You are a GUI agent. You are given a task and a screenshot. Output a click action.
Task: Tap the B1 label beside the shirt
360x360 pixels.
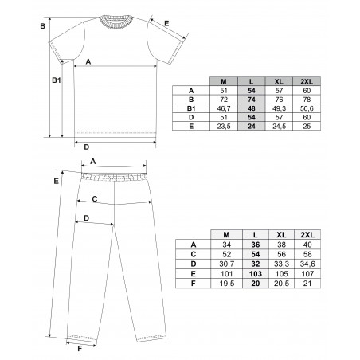pyautogui.click(x=57, y=80)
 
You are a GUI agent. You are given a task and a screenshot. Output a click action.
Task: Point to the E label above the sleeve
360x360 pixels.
pyautogui.click(x=166, y=23)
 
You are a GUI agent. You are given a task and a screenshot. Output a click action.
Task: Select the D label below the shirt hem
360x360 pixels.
pyautogui.click(x=87, y=147)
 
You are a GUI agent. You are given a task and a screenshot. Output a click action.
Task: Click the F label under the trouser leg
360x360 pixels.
pyautogui.click(x=80, y=349)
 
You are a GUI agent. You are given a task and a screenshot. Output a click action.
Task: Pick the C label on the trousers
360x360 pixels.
pyautogui.click(x=95, y=199)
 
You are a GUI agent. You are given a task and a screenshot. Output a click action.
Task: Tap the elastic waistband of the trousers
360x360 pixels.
pyautogui.click(x=114, y=177)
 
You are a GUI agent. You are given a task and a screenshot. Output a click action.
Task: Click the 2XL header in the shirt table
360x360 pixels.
pyautogui.click(x=307, y=81)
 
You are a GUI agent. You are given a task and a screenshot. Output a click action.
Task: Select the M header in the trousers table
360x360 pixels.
pyautogui.click(x=226, y=235)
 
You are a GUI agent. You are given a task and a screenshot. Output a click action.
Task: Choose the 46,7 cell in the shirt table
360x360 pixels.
pyautogui.click(x=224, y=108)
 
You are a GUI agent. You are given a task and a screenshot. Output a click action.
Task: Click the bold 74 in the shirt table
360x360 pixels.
pyautogui.click(x=252, y=100)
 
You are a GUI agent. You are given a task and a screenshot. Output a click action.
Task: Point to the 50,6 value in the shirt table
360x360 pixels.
pyautogui.click(x=307, y=108)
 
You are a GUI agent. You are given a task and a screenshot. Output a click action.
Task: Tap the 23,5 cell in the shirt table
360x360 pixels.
pyautogui.click(x=224, y=127)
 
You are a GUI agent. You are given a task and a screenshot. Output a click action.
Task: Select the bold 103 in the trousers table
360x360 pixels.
pyautogui.click(x=256, y=274)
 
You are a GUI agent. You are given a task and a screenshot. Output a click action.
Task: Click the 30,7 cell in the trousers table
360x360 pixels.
pyautogui.click(x=227, y=264)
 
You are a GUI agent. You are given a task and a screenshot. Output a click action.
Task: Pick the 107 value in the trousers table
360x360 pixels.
pyautogui.click(x=307, y=274)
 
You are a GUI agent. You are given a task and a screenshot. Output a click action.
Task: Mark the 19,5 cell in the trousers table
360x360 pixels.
pyautogui.click(x=227, y=284)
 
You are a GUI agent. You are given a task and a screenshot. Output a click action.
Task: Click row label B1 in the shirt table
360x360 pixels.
pyautogui.click(x=191, y=108)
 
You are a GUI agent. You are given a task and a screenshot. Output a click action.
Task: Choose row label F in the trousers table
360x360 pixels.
pyautogui.click(x=194, y=284)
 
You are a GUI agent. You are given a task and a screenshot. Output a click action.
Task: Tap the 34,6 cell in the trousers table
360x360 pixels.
pyautogui.click(x=307, y=264)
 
